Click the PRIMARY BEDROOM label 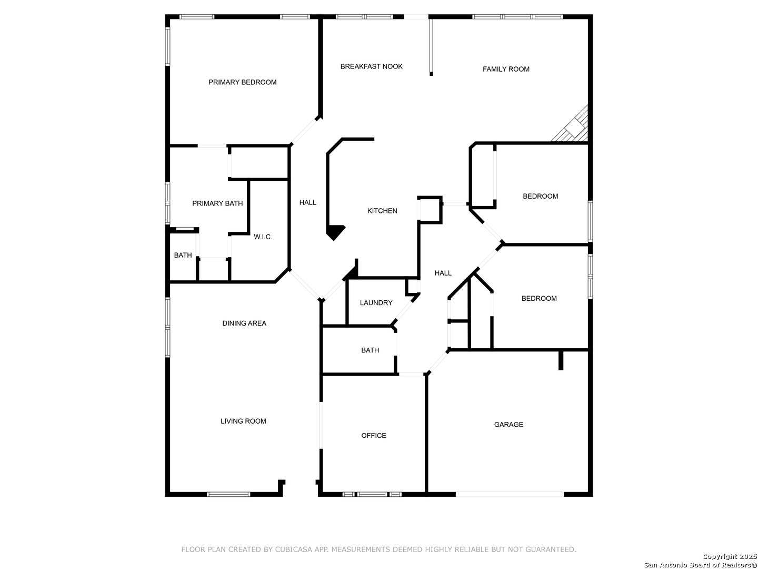click(242, 82)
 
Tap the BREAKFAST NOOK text click(371, 66)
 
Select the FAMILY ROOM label click(506, 69)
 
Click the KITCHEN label click(382, 211)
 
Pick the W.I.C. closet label click(263, 237)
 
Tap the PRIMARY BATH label click(217, 203)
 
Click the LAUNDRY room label click(376, 303)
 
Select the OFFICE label click(373, 436)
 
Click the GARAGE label click(508, 425)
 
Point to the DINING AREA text click(244, 323)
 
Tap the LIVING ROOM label click(243, 421)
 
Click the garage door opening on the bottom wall click(509, 494)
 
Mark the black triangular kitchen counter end click(334, 231)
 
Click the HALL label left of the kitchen click(308, 202)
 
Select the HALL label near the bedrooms click(443, 273)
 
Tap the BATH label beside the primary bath click(183, 256)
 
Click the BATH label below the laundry click(370, 350)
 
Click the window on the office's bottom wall click(372, 494)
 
